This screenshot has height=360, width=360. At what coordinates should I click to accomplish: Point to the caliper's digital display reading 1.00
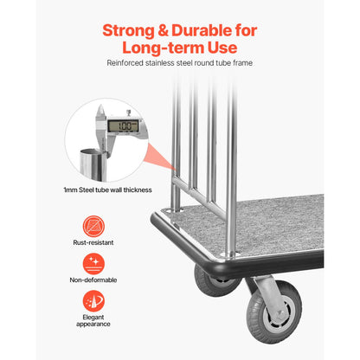tap(124, 125)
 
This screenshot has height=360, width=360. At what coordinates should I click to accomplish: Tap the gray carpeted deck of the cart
tap(260, 225)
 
